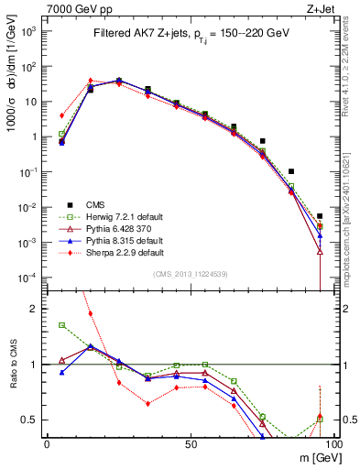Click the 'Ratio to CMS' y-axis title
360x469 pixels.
click(12, 365)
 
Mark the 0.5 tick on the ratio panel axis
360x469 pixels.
click(31, 420)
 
